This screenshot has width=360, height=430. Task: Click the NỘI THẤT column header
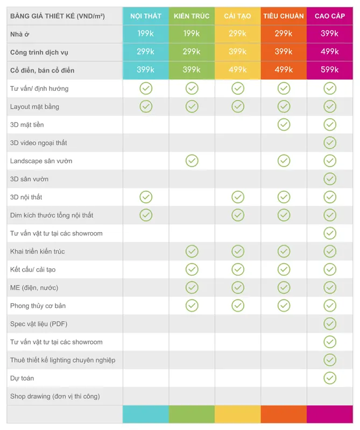[145, 16]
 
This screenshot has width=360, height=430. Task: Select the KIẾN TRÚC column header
[192, 16]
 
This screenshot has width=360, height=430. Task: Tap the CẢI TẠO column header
[237, 16]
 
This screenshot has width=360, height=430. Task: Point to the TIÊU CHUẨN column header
[284, 16]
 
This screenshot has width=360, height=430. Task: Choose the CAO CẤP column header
[330, 16]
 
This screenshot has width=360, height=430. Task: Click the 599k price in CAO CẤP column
[330, 70]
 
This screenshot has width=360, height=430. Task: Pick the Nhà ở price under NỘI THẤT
[145, 33]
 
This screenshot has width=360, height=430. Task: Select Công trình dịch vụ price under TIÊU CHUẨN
[284, 52]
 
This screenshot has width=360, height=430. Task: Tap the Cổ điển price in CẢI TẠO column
[237, 70]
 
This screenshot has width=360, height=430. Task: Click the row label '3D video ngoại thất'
[38, 143]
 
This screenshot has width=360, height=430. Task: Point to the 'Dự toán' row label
[22, 378]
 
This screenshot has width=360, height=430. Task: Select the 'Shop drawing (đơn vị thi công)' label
[55, 396]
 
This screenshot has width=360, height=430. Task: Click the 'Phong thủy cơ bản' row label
[38, 306]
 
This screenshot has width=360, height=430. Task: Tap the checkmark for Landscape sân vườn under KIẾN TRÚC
[192, 161]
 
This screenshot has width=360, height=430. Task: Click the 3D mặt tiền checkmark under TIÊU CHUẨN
[284, 125]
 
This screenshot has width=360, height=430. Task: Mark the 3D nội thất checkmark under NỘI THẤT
[146, 197]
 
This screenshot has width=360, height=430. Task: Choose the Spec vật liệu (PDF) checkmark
[330, 324]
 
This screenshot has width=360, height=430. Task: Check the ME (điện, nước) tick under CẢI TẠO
[238, 288]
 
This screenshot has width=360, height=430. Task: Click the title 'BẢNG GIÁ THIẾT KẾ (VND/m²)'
[58, 16]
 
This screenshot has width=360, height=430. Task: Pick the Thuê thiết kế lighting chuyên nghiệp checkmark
[330, 360]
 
